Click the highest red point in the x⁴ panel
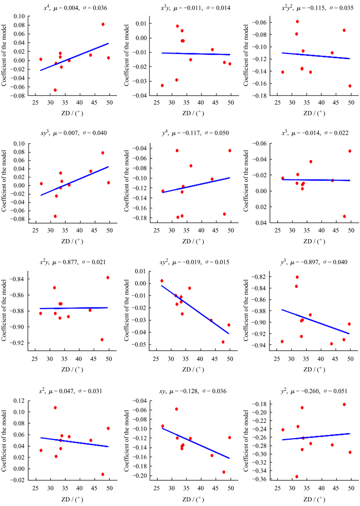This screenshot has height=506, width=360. tap(103, 24)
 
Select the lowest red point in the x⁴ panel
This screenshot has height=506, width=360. tap(55, 90)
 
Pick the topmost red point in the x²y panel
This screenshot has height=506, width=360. tap(108, 278)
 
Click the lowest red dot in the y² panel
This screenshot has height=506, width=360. tap(297, 477)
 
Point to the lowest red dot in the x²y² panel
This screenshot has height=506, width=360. tap(350, 86)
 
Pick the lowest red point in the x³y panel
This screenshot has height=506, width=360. tap(163, 85)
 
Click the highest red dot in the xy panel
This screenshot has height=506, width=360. tap(176, 409)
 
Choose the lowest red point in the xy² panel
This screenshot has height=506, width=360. tap(223, 342)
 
